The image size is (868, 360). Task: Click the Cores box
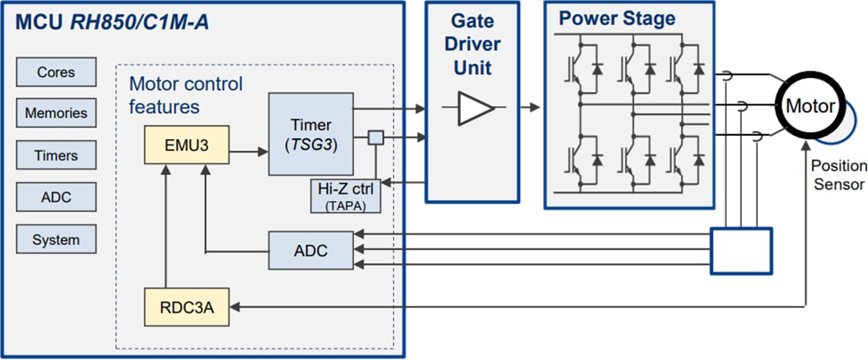click(56, 72)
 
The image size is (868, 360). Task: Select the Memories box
click(56, 113)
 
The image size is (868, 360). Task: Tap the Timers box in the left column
click(56, 156)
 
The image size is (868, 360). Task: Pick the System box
click(56, 239)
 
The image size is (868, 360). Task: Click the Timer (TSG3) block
click(310, 133)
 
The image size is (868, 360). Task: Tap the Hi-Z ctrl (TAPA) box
click(345, 198)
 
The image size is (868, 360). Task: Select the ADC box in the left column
click(56, 198)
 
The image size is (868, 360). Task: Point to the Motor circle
click(809, 106)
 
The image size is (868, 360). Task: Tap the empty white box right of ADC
click(741, 251)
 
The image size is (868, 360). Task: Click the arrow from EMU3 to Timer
click(248, 149)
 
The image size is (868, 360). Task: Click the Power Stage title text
click(616, 18)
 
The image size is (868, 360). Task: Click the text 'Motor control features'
click(186, 95)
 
